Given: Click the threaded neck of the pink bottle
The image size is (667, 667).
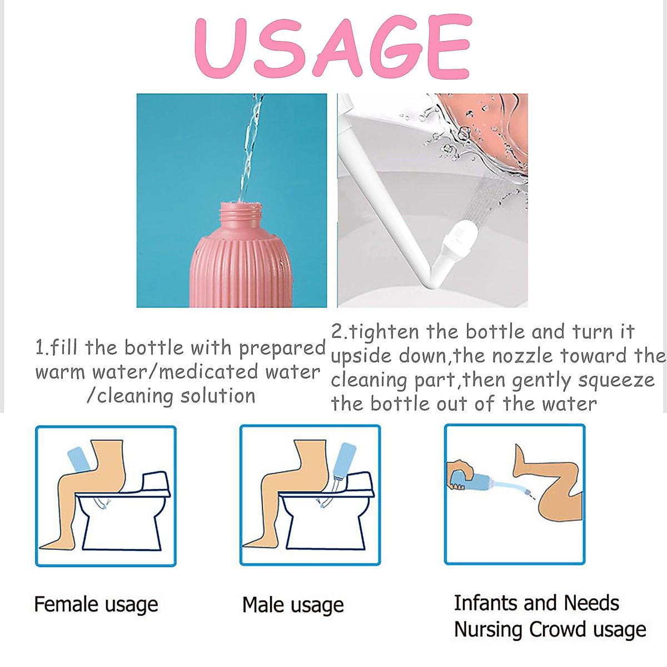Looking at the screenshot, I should click(x=240, y=213).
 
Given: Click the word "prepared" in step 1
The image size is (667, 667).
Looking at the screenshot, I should click(x=282, y=349).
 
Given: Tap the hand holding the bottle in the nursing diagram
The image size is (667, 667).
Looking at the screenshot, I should click(x=459, y=472).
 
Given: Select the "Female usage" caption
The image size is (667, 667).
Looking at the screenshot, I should click(x=96, y=604).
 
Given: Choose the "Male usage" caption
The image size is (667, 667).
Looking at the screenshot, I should click(x=293, y=605).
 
